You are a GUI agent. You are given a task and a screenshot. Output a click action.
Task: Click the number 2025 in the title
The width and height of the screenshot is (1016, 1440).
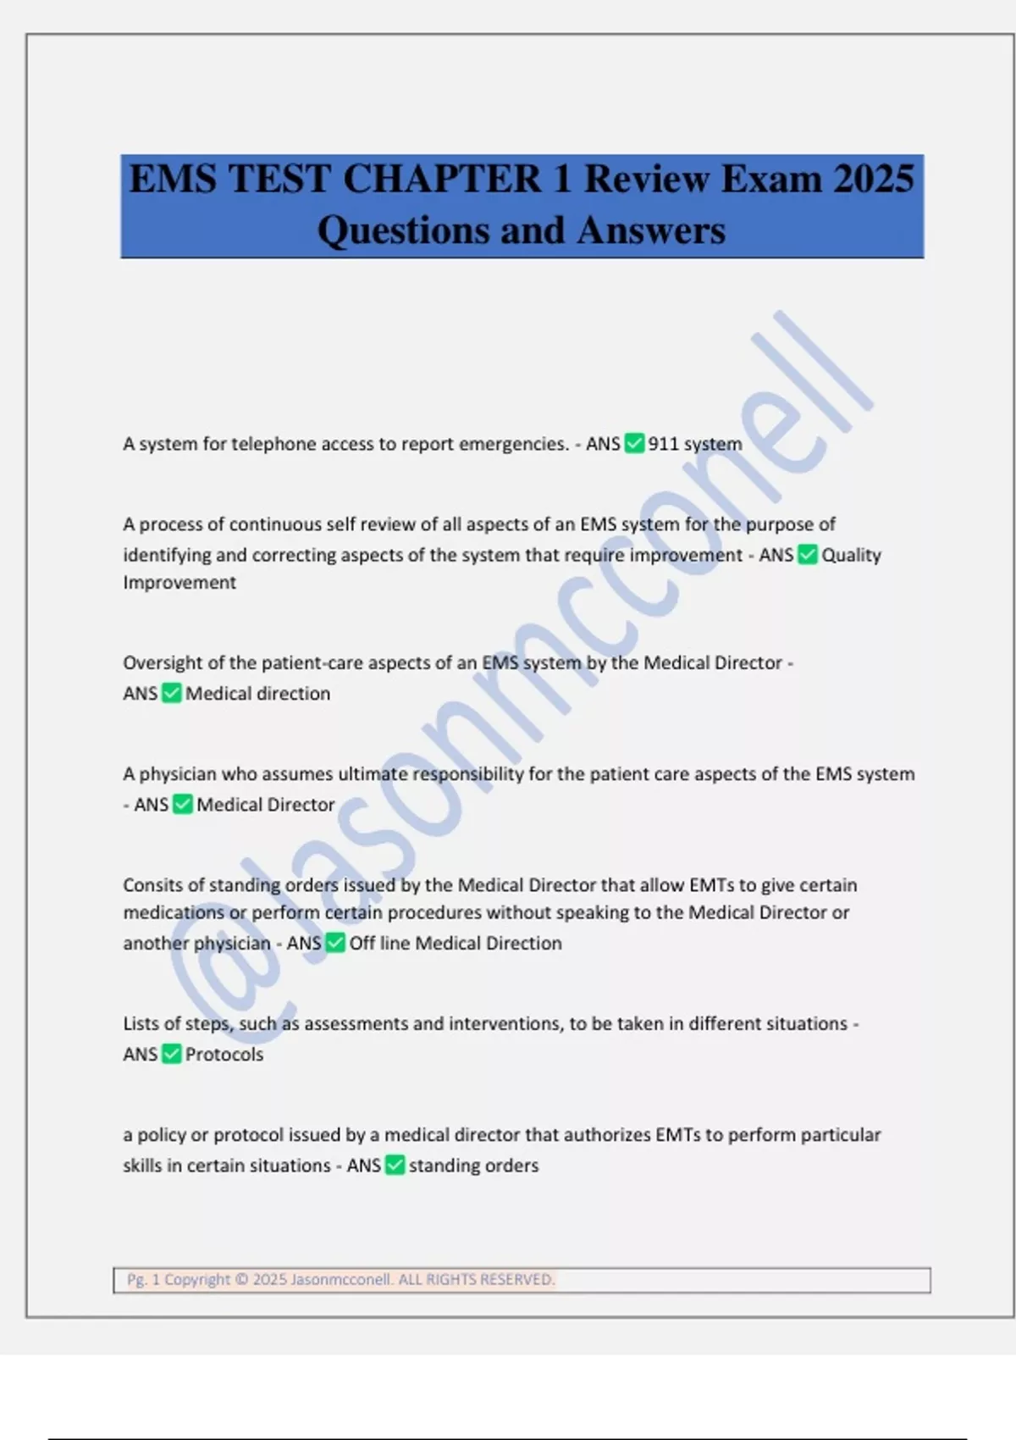click(873, 179)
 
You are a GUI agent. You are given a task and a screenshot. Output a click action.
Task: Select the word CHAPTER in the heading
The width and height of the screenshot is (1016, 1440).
click(441, 179)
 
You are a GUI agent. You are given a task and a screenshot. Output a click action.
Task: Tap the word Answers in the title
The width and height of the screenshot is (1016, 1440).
click(651, 230)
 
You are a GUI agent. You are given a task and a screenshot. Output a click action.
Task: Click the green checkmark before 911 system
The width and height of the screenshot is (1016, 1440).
click(634, 443)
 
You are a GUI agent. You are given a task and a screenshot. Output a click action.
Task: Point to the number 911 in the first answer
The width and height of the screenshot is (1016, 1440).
click(663, 444)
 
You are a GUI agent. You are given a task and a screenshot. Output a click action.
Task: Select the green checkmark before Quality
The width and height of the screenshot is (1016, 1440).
click(808, 555)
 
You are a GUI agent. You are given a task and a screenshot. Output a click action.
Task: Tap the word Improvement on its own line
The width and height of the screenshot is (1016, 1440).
click(179, 583)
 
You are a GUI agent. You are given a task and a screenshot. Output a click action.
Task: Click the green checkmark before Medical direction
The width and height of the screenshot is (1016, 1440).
click(172, 693)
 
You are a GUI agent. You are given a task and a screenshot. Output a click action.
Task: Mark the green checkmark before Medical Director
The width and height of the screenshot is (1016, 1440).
click(183, 805)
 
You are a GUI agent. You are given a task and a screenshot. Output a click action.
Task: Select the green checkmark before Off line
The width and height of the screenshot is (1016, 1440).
click(335, 943)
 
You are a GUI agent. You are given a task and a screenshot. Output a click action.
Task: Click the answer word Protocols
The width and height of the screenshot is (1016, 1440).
click(224, 1055)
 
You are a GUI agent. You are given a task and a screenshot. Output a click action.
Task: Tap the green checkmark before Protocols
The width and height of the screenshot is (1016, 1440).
click(172, 1054)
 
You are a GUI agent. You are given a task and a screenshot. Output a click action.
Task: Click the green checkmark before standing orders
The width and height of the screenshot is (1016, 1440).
click(395, 1166)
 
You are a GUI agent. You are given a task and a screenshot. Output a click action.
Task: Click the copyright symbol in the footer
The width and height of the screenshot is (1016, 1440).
click(241, 1279)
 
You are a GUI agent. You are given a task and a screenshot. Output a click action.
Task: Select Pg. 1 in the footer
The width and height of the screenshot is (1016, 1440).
click(143, 1279)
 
